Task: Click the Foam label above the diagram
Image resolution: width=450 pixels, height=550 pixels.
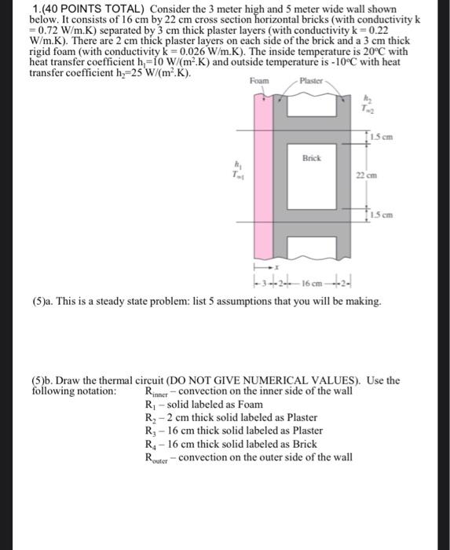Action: (x=259, y=81)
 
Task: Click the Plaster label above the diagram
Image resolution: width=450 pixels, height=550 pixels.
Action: (x=312, y=81)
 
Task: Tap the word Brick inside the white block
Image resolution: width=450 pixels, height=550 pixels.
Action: (x=312, y=158)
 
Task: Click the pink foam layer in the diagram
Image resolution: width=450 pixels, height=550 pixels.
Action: (x=260, y=173)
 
